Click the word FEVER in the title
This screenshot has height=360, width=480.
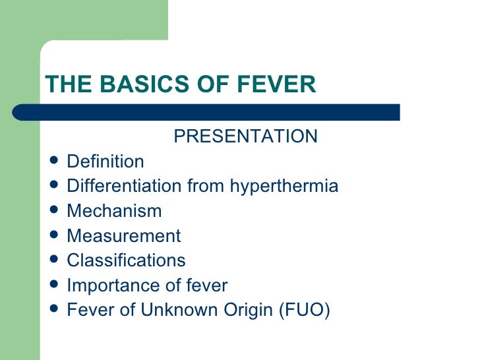(280, 84)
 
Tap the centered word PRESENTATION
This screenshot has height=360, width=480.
(245, 136)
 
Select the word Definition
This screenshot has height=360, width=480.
(105, 162)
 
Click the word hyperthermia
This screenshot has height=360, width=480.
(284, 187)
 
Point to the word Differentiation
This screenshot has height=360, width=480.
(125, 187)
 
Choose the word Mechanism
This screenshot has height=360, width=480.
(114, 212)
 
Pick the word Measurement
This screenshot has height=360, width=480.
(123, 236)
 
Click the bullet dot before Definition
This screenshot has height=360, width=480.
(54, 161)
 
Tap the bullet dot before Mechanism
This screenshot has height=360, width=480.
(54, 211)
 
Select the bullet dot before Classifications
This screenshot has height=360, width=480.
(54, 260)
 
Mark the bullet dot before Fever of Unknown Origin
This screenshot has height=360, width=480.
(54, 310)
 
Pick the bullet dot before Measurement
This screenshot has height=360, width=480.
(54, 235)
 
